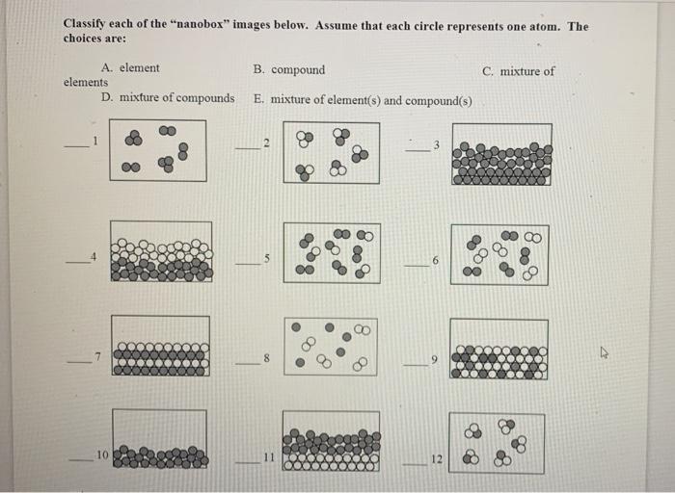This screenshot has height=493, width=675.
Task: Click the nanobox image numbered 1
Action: (x=157, y=149)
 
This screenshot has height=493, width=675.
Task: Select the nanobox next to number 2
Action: (x=331, y=151)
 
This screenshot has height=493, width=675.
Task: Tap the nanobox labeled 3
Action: (x=501, y=153)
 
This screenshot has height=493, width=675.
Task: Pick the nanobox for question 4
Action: (x=161, y=251)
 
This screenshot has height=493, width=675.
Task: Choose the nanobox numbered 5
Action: (x=331, y=252)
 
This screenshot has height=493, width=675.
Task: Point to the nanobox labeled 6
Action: (x=499, y=254)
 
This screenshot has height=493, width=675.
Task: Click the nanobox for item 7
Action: (x=159, y=347)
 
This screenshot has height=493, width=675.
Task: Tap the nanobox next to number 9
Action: (x=499, y=350)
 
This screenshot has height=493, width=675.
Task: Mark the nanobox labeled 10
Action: (x=159, y=439)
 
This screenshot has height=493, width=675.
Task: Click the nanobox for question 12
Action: (x=497, y=444)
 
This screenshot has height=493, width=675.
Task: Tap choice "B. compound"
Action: (x=289, y=69)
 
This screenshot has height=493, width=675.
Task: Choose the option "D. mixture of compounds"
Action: (x=168, y=98)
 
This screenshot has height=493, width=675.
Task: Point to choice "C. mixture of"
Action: (x=519, y=70)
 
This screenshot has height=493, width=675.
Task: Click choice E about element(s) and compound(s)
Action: (x=362, y=99)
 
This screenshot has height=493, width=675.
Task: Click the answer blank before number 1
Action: (x=75, y=145)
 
